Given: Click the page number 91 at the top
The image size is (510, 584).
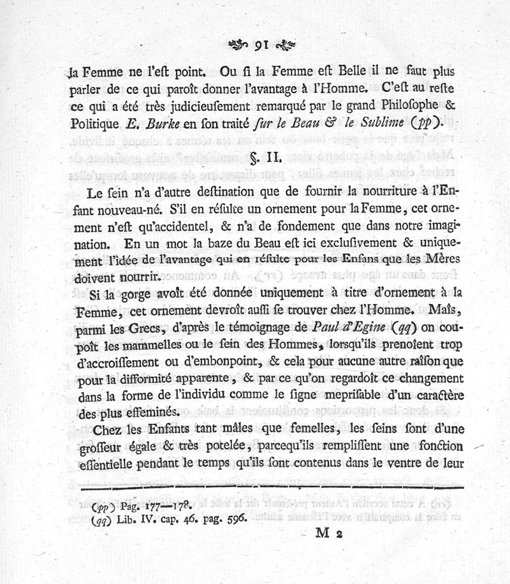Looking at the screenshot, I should pos(260,45).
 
